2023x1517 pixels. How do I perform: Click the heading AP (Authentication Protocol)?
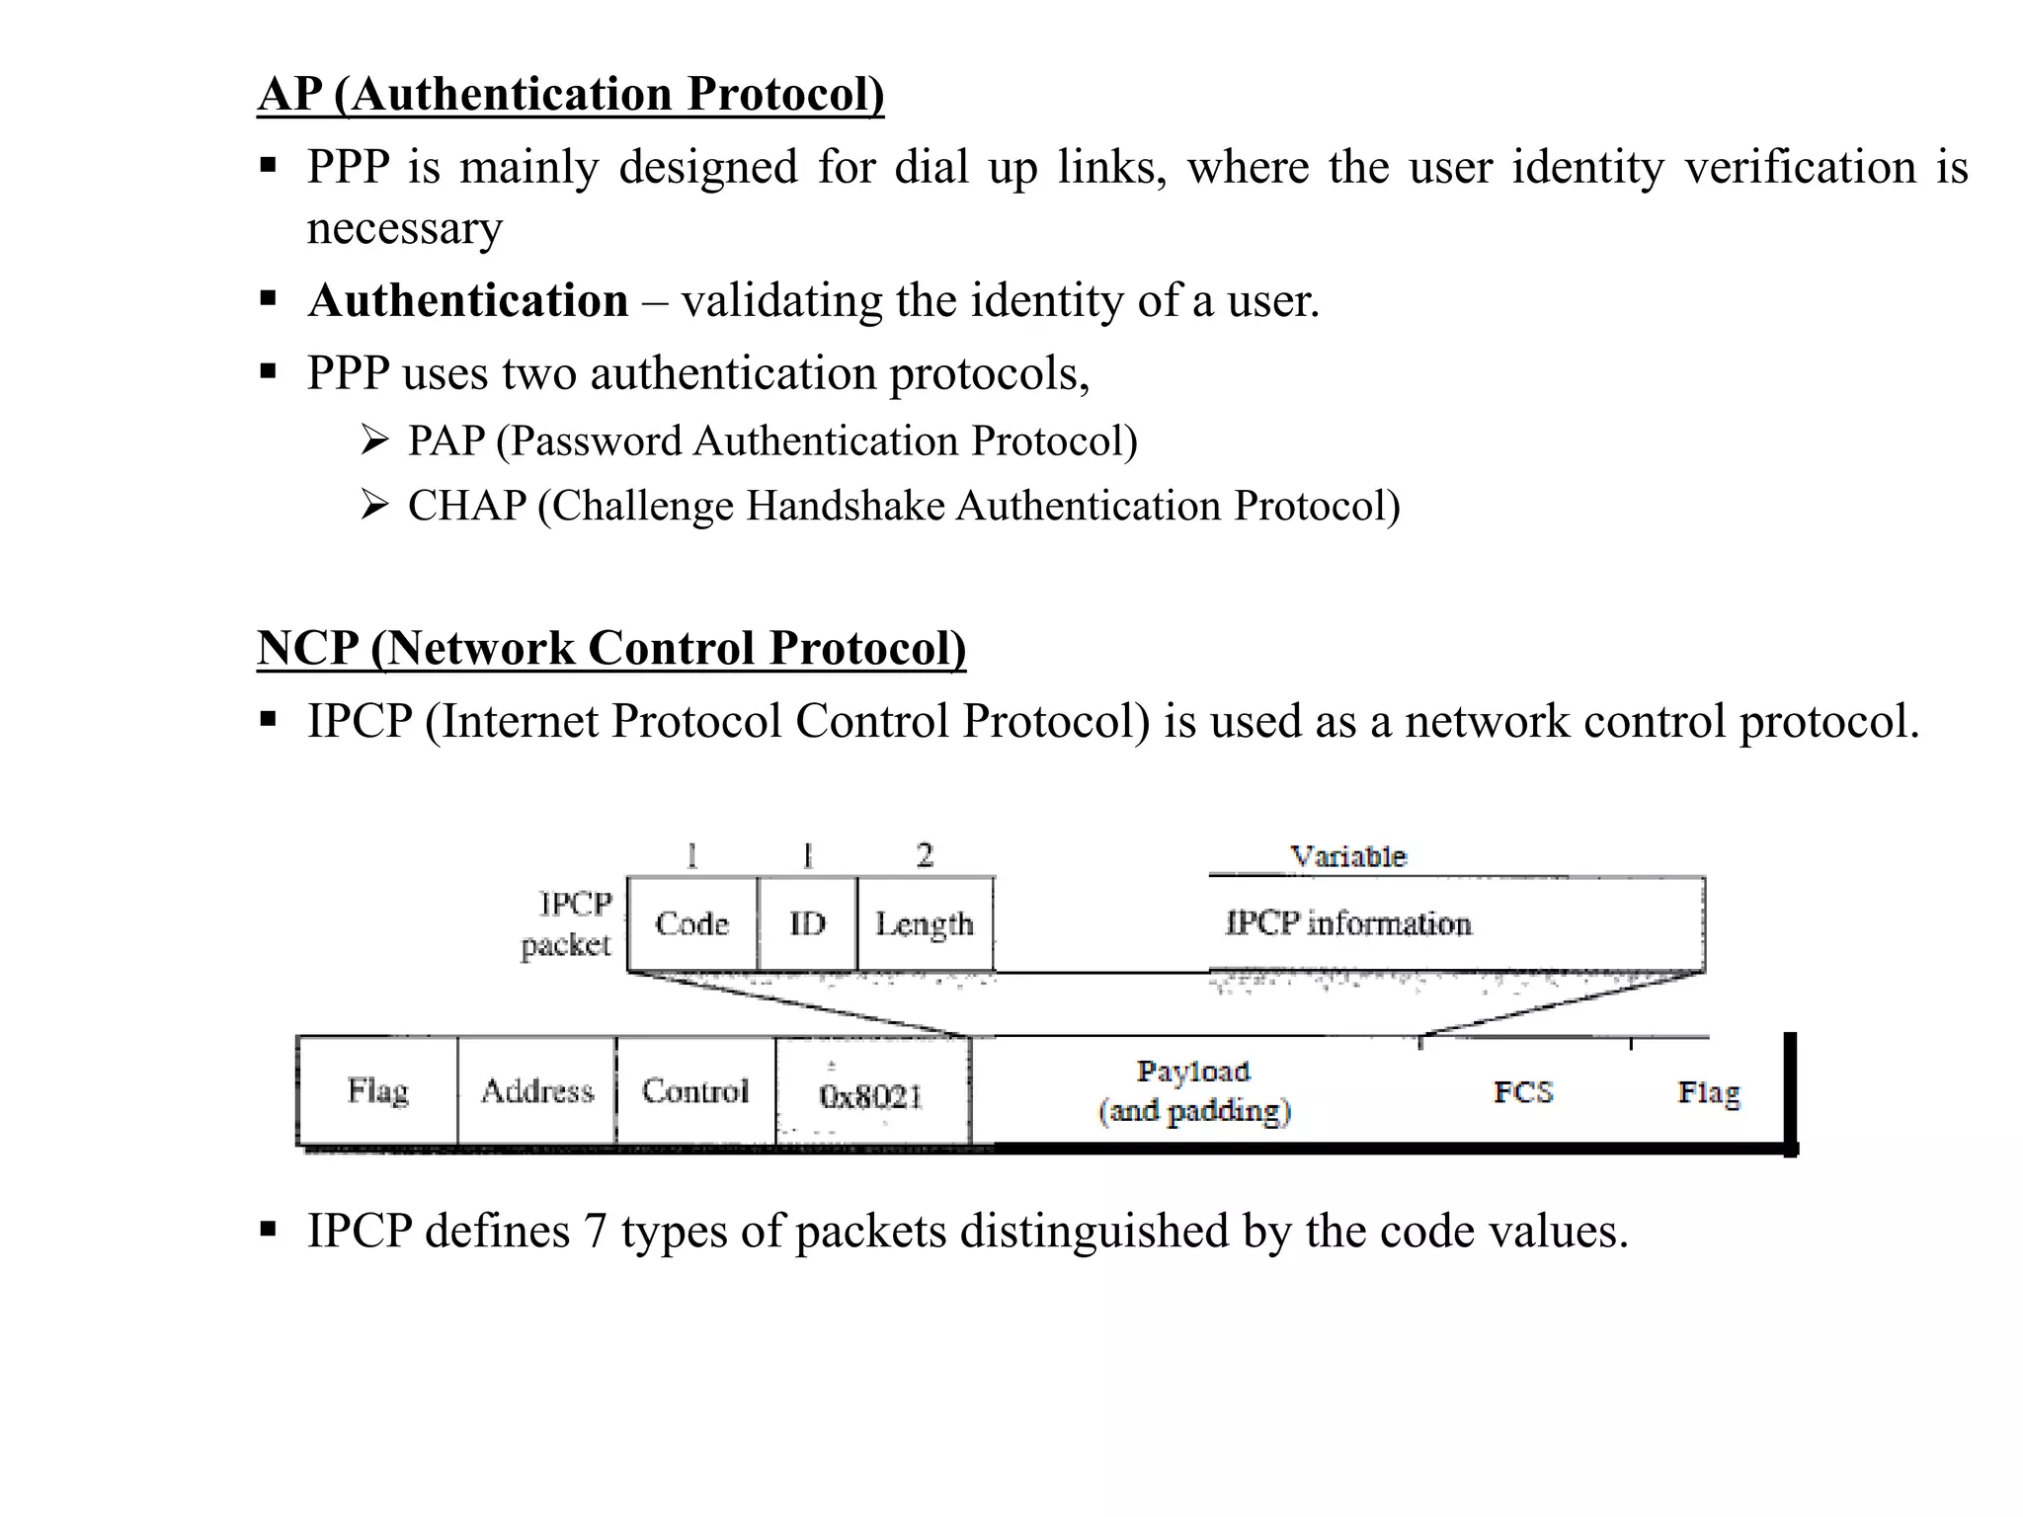(x=570, y=95)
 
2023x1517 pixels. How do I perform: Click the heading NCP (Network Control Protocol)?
(x=610, y=649)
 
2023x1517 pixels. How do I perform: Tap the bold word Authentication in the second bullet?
(x=468, y=300)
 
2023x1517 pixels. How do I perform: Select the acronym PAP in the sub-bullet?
(x=446, y=440)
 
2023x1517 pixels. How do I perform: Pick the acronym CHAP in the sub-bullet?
(x=467, y=506)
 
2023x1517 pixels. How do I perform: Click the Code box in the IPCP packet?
(x=692, y=924)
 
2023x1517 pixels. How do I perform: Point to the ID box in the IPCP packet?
(x=807, y=924)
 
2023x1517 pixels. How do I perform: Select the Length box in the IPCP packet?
(x=925, y=924)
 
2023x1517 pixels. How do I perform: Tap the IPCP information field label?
(x=1348, y=923)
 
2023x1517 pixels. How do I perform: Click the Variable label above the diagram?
(x=1348, y=856)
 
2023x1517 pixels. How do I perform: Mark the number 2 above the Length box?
(x=925, y=855)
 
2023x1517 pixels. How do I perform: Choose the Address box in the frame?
(x=537, y=1091)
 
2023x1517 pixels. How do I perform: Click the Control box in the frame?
(x=695, y=1091)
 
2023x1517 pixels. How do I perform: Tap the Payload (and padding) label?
(x=1194, y=1091)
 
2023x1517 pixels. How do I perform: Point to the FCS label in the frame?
(x=1523, y=1092)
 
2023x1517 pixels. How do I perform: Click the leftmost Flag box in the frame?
(x=378, y=1091)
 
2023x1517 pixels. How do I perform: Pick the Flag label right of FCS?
(x=1709, y=1092)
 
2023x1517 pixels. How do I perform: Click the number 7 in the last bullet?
(x=595, y=1232)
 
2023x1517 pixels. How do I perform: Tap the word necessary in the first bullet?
(x=405, y=229)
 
